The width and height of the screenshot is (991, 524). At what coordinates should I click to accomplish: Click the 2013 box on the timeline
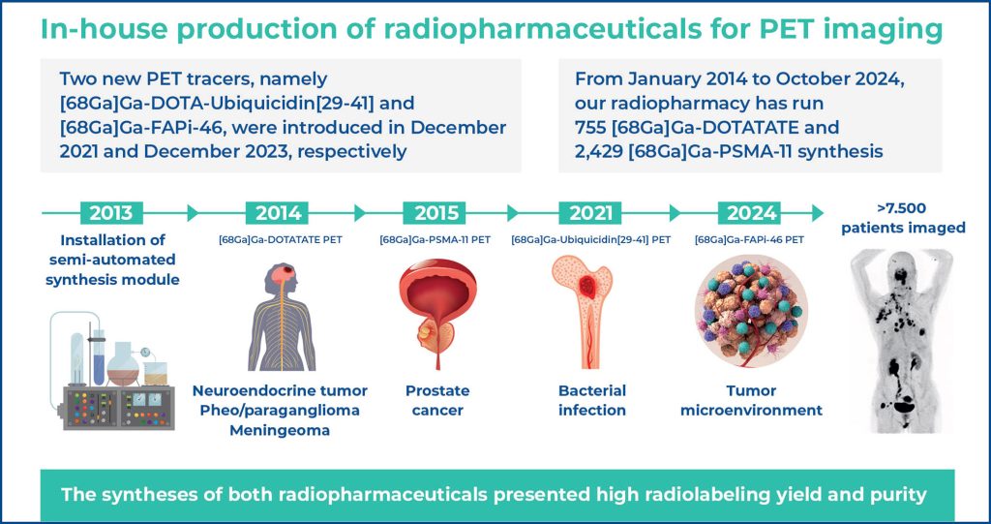click(x=111, y=213)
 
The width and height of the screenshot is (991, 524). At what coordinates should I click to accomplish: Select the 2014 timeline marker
click(x=278, y=213)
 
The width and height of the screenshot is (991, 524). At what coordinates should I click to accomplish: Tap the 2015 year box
click(x=435, y=213)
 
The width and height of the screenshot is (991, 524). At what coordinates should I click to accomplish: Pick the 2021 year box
click(x=591, y=213)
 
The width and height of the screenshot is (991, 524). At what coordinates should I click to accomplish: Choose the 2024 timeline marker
click(x=751, y=213)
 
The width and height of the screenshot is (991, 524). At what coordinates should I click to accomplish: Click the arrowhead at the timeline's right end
click(x=818, y=213)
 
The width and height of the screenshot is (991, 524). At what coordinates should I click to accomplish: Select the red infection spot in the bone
click(x=587, y=287)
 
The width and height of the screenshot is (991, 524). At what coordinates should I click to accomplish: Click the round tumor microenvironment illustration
click(x=751, y=311)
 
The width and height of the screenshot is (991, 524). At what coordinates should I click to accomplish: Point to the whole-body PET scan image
click(x=901, y=341)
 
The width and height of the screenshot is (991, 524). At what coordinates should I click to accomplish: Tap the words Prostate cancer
click(x=437, y=400)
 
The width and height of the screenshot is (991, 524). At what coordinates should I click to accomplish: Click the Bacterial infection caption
click(x=592, y=400)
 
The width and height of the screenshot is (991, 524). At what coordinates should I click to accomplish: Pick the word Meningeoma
click(x=280, y=430)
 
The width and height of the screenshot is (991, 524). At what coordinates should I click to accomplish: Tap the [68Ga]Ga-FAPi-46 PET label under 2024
click(x=749, y=240)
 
